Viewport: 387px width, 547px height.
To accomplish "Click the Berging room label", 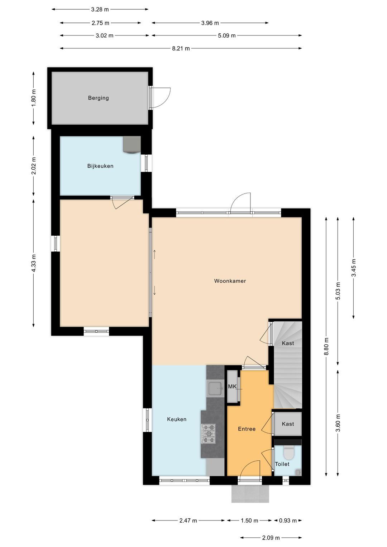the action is pos(98,98).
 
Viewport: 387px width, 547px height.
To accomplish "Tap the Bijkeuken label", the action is pos(100,166).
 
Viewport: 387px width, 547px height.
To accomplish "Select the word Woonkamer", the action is pos(230,281).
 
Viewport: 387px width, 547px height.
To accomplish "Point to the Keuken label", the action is pos(177,419).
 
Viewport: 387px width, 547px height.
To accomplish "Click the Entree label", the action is pos(247,429).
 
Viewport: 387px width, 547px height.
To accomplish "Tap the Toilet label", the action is pos(282,464).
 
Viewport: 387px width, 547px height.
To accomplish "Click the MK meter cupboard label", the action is pos(232,387).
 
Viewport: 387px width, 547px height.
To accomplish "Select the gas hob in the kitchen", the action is pos(209,433).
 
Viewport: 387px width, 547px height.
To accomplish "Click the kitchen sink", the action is pos(215,388).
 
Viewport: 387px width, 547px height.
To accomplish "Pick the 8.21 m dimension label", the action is pos(181,48).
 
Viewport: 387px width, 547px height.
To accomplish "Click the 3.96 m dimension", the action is pos(210,23).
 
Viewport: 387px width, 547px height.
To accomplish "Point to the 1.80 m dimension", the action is pos(34,98).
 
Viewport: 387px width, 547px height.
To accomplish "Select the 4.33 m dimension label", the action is pos(34,263).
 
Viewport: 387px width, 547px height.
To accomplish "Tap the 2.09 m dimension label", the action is pos(271,537).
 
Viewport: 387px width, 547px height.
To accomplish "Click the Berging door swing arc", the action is pos(164,98).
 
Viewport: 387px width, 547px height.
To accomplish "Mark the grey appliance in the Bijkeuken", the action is pos(132,145).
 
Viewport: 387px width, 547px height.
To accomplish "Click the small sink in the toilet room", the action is pos(298,472).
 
